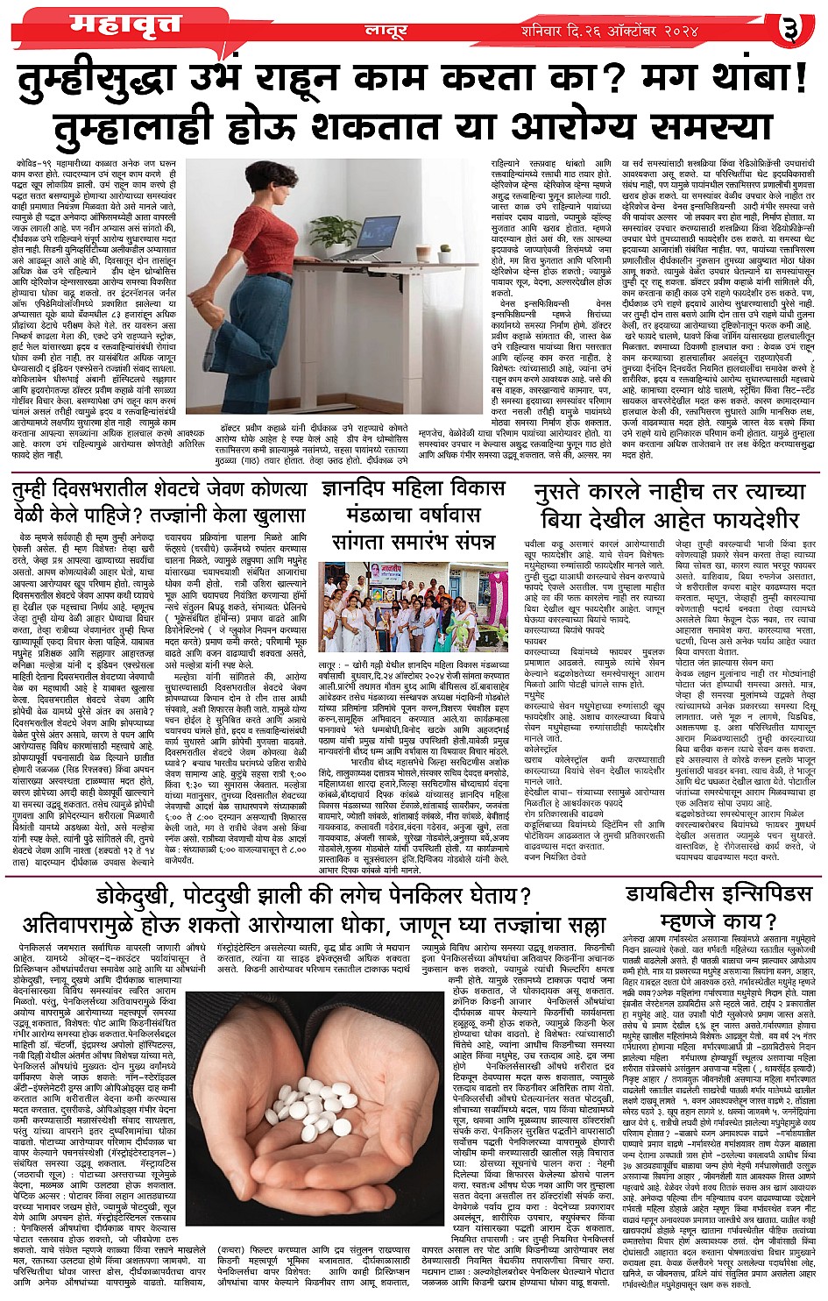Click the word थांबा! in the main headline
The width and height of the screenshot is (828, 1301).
(x=735, y=84)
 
